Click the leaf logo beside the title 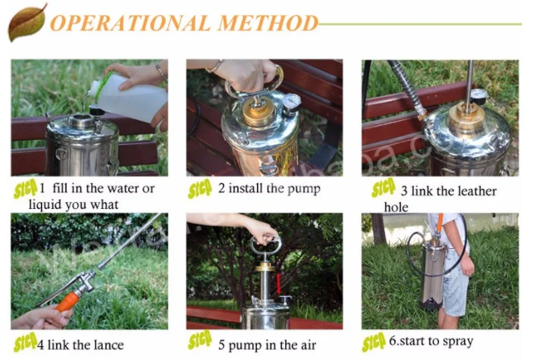point(27,22)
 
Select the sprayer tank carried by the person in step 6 point(433,278)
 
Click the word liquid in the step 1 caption point(46,204)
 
